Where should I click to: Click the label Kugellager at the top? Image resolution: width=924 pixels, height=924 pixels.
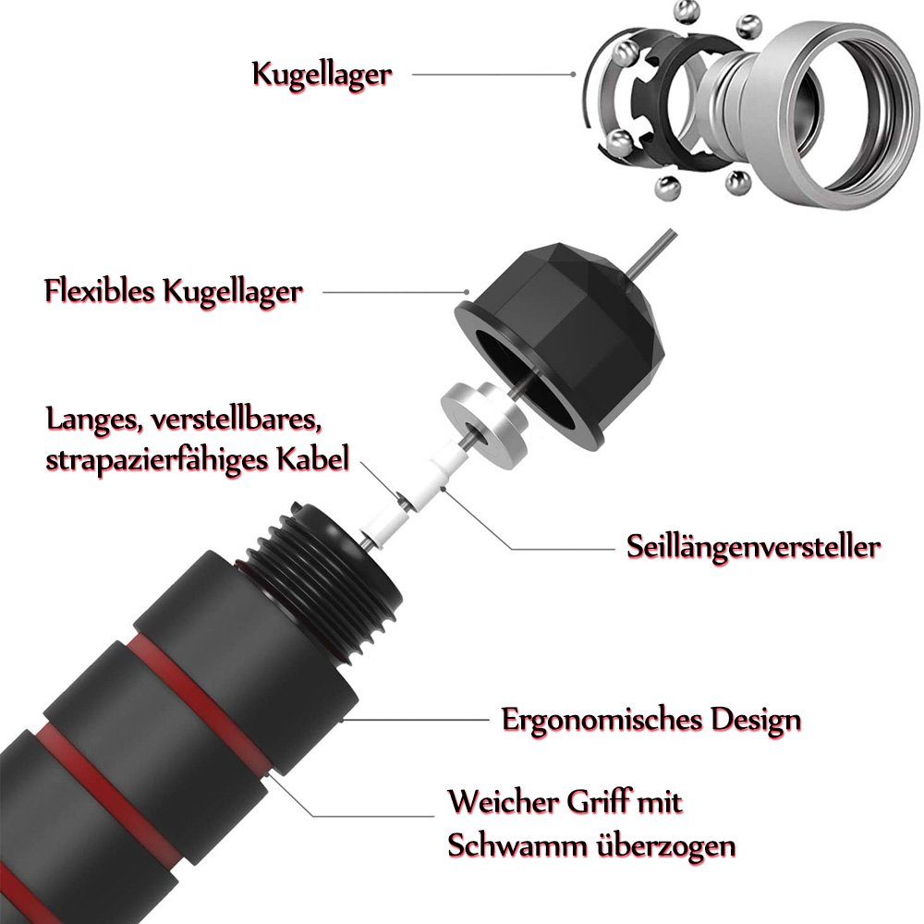tap(322, 74)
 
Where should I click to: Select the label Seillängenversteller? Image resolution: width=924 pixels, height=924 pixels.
tap(752, 546)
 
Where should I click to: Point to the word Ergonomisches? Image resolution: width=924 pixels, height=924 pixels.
tap(595, 719)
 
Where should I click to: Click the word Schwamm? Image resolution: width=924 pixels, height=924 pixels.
tap(512, 845)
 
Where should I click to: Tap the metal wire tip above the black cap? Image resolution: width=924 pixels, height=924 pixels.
tap(651, 250)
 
